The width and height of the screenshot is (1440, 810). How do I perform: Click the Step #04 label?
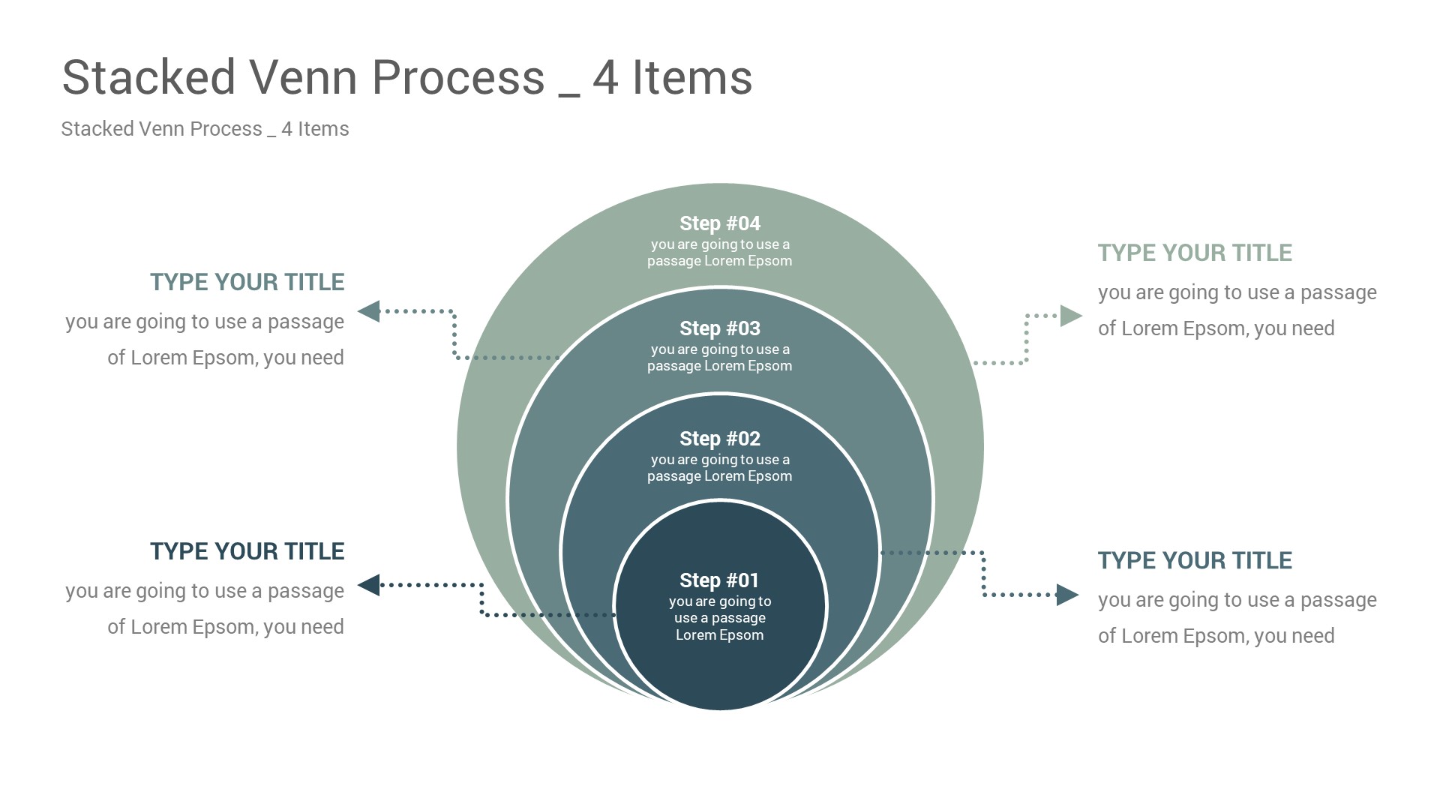pos(719,223)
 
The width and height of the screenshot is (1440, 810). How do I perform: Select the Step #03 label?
pos(719,328)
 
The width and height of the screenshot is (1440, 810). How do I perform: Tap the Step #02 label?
pos(719,439)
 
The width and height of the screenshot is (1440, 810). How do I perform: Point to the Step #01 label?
pos(718,580)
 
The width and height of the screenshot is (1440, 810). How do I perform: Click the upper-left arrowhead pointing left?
pos(369,311)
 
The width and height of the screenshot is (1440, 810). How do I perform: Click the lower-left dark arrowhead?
pos(369,585)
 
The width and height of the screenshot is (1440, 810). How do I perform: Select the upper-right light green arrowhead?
pos(1070,316)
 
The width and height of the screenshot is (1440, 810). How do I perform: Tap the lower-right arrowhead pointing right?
pos(1067,595)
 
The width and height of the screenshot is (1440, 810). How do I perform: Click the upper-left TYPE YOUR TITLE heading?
pos(247,282)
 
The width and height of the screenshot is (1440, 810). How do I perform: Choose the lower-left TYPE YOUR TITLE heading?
pos(247,551)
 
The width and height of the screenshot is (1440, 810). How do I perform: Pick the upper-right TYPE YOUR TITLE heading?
pos(1195,253)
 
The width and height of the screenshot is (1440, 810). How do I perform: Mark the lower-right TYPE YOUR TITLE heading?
pos(1195,560)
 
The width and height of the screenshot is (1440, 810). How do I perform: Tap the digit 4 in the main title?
pos(605,79)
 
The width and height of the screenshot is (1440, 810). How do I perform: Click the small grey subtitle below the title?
pos(205,129)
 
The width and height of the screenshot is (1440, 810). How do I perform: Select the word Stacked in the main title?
pos(148,77)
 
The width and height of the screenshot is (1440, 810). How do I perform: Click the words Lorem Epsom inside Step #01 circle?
pos(719,635)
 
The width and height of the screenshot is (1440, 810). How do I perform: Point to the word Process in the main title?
pos(457,77)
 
